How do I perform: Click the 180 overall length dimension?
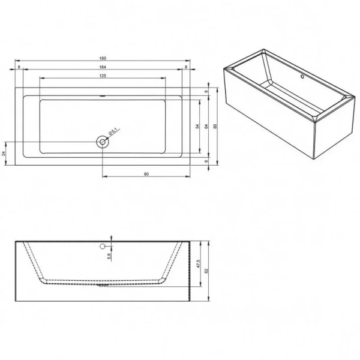[x=103, y=58]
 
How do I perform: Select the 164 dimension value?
[x=103, y=67]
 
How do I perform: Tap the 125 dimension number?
[x=103, y=76]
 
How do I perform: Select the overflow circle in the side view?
[x=103, y=245]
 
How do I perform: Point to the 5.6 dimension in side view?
[x=109, y=255]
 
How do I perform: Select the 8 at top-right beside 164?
[x=187, y=67]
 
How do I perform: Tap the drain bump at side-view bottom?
[x=103, y=286]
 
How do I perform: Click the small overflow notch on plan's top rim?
[x=103, y=95]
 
